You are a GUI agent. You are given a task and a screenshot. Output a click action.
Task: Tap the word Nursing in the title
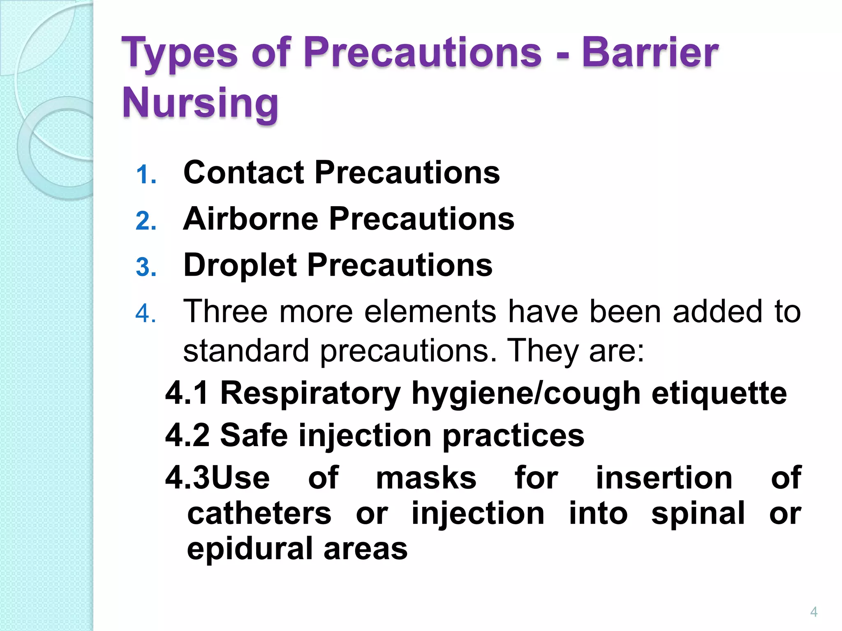(200, 103)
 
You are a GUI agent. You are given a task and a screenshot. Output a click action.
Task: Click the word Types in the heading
(179, 53)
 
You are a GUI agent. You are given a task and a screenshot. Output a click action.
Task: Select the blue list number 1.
(146, 175)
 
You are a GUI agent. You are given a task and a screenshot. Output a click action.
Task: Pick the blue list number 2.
(146, 221)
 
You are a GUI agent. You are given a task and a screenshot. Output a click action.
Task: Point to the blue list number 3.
(146, 267)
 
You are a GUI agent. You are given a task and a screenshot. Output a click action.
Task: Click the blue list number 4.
(146, 314)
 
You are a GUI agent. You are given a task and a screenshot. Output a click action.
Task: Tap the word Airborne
(251, 219)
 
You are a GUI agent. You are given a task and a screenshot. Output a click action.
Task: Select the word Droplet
(240, 265)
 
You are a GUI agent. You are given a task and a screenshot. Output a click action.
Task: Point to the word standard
(246, 351)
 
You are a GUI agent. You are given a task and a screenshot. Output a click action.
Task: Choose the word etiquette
(719, 394)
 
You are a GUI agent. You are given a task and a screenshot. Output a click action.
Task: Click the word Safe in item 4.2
(254, 435)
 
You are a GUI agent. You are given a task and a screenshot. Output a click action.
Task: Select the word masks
(426, 478)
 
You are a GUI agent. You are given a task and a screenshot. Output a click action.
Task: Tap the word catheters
(259, 514)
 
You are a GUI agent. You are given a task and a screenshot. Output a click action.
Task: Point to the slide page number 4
(814, 612)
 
